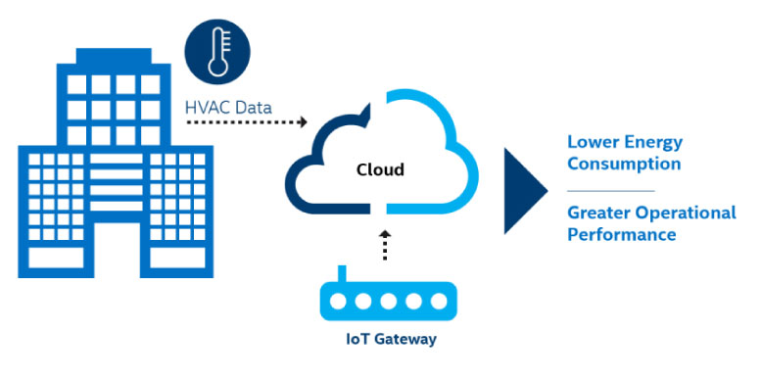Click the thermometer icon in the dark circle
coord(217,52)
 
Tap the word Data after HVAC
coord(254,108)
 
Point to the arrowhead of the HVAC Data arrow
coord(304,122)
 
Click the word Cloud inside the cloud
coord(381,169)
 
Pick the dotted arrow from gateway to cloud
coord(385,245)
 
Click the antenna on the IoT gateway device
coord(342,273)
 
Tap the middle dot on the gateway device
coord(388,302)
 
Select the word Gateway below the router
coord(405,339)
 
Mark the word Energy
coord(653,143)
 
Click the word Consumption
coord(624,165)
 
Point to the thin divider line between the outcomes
coord(611,191)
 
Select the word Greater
coord(599,213)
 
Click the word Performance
coord(622,235)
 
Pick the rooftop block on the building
coord(114,56)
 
